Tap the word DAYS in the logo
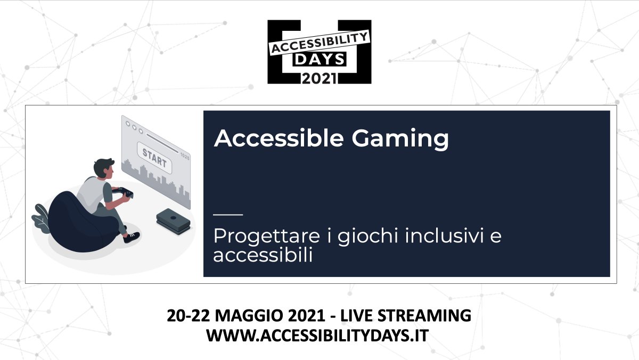pos(319,60)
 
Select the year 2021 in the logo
pos(319,78)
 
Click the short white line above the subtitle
pos(227,215)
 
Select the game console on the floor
pos(173,221)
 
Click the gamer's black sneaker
pos(131,237)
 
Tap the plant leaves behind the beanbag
pos(41,216)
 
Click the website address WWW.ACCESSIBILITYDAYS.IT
pos(319,336)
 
